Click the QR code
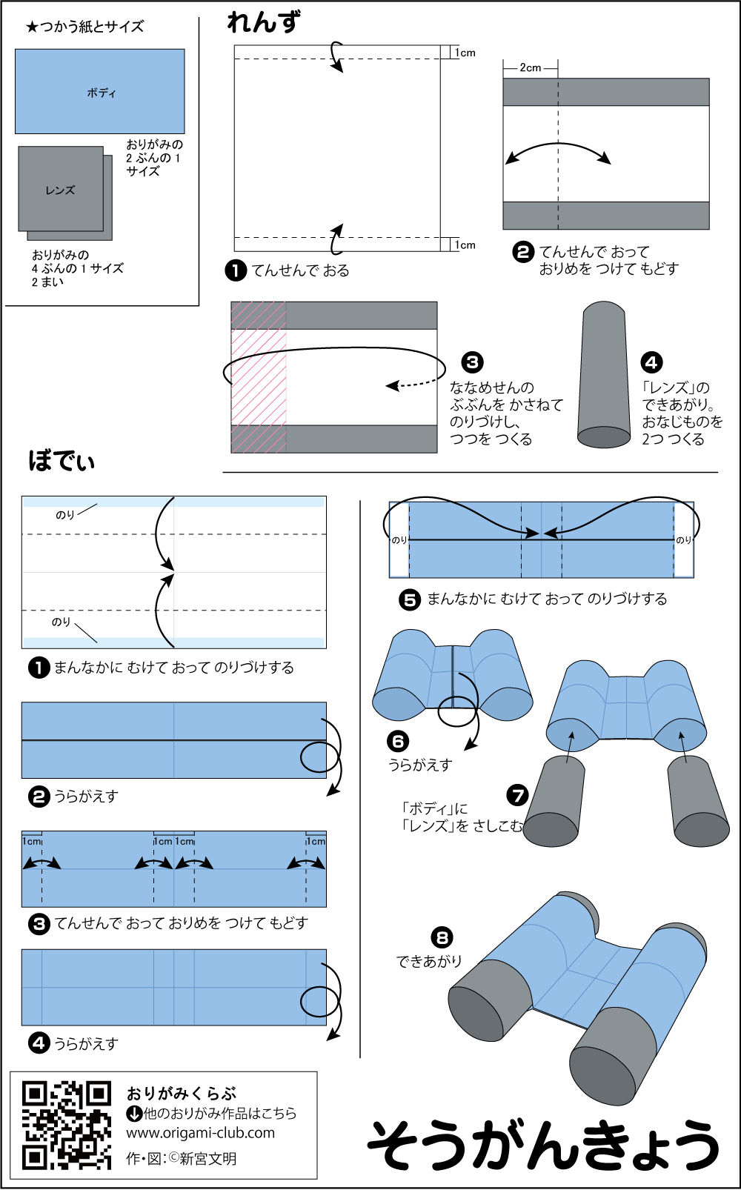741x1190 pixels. pos(67,1126)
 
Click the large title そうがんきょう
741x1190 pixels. pos(543,1145)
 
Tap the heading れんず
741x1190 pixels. pos(264,23)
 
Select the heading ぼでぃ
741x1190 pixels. pos(62,461)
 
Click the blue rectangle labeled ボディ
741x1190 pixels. pos(100,91)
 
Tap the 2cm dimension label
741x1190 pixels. pos(530,67)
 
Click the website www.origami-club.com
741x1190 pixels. pos(200,1133)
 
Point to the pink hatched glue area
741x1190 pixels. pos(259,377)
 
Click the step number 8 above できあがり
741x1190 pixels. pos(442,938)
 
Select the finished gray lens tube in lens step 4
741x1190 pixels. pos(604,374)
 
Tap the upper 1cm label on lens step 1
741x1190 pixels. pos(465,53)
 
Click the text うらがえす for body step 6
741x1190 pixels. pos(419,765)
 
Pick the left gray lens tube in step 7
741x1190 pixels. pos(553,800)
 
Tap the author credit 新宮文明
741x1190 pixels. pos(207,1158)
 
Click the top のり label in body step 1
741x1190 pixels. pos(64,515)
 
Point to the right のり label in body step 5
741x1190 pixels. pos(684,540)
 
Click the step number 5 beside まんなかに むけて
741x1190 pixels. pos(410,599)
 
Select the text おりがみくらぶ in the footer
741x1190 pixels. pos(181,1094)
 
